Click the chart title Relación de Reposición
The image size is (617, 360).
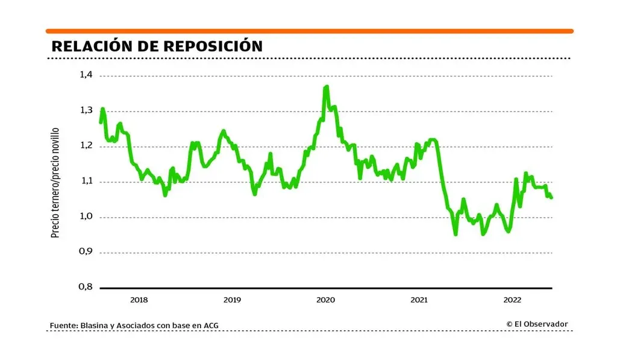[157, 46]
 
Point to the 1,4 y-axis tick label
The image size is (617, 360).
[86, 75]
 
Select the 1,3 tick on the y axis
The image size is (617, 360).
[86, 110]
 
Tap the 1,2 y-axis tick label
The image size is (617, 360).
[86, 146]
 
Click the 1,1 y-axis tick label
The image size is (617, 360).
[86, 181]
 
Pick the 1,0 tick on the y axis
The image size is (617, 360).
[86, 216]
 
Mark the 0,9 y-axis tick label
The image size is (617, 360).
[86, 252]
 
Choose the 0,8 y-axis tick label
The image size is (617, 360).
[86, 287]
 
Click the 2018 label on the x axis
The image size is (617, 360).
[139, 300]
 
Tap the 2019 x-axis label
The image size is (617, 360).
[232, 300]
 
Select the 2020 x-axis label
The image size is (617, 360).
[325, 300]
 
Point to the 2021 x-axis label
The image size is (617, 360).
[419, 300]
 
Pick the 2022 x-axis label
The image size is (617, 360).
[512, 300]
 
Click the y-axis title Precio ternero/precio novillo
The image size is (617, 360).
[55, 182]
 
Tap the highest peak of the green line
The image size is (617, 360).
[327, 87]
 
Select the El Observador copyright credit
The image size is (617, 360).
[537, 324]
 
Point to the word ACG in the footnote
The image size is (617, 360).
[210, 326]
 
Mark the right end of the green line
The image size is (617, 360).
[551, 197]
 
